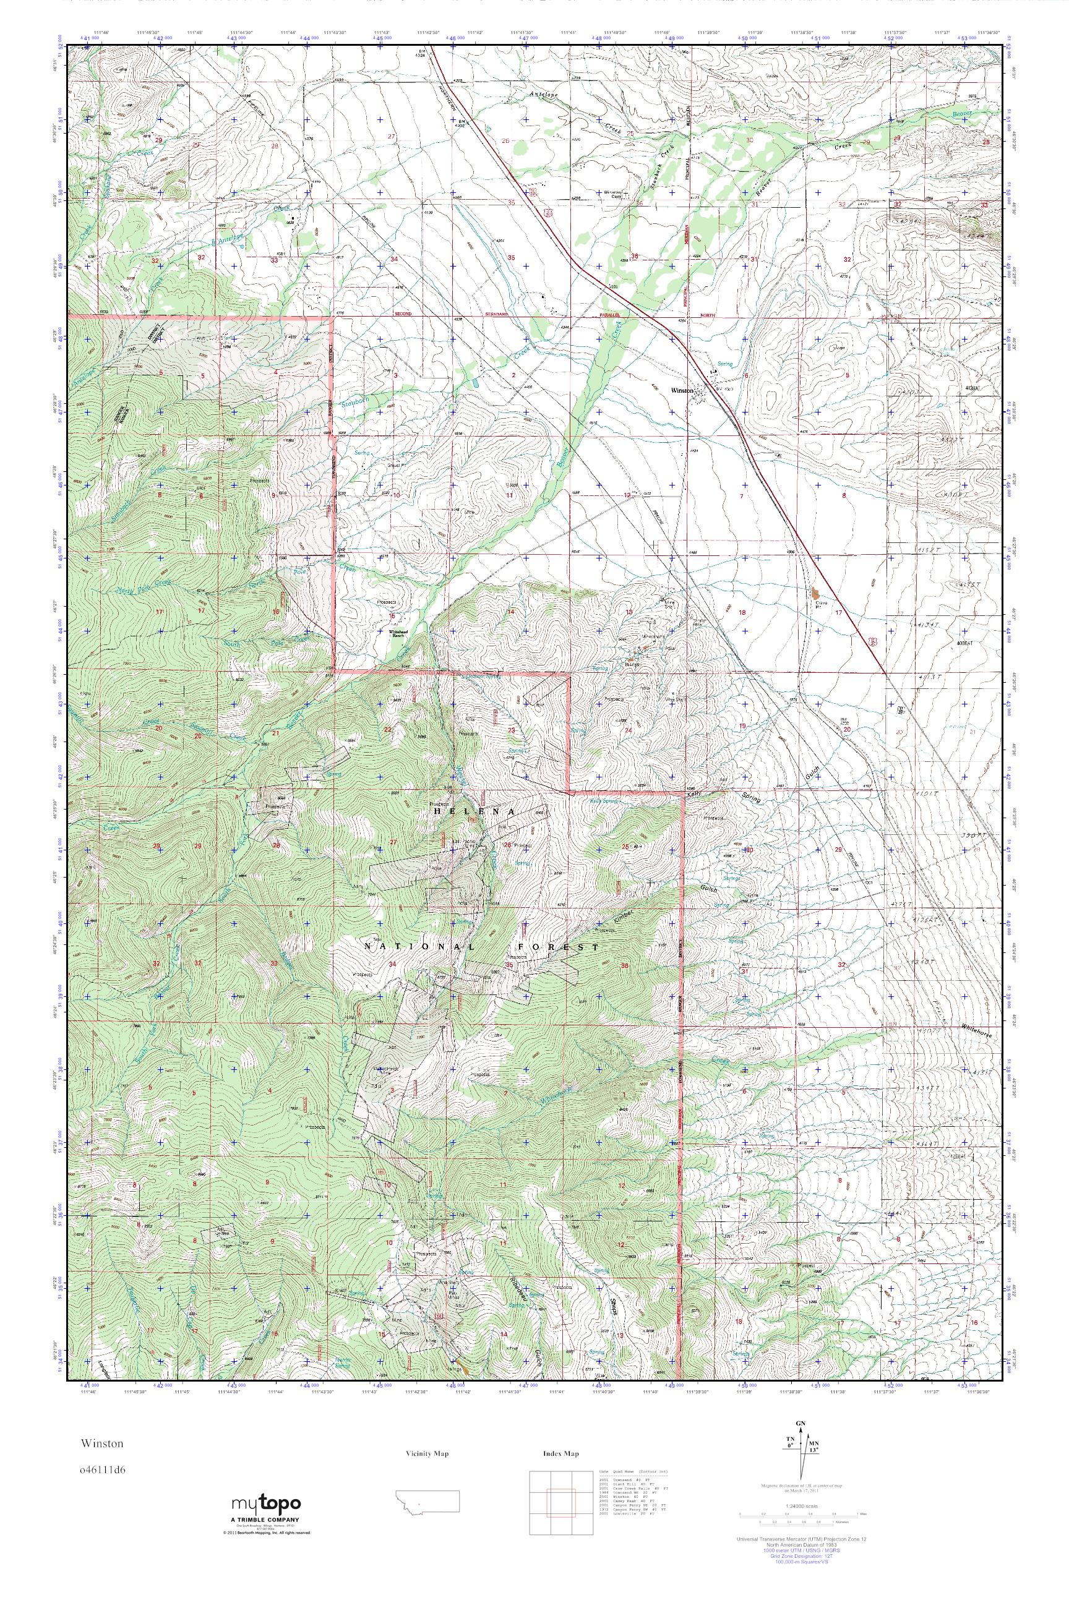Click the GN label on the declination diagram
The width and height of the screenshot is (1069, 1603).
[799, 1424]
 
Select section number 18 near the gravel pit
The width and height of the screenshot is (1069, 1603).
[742, 613]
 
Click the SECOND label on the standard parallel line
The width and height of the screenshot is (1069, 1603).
[405, 314]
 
